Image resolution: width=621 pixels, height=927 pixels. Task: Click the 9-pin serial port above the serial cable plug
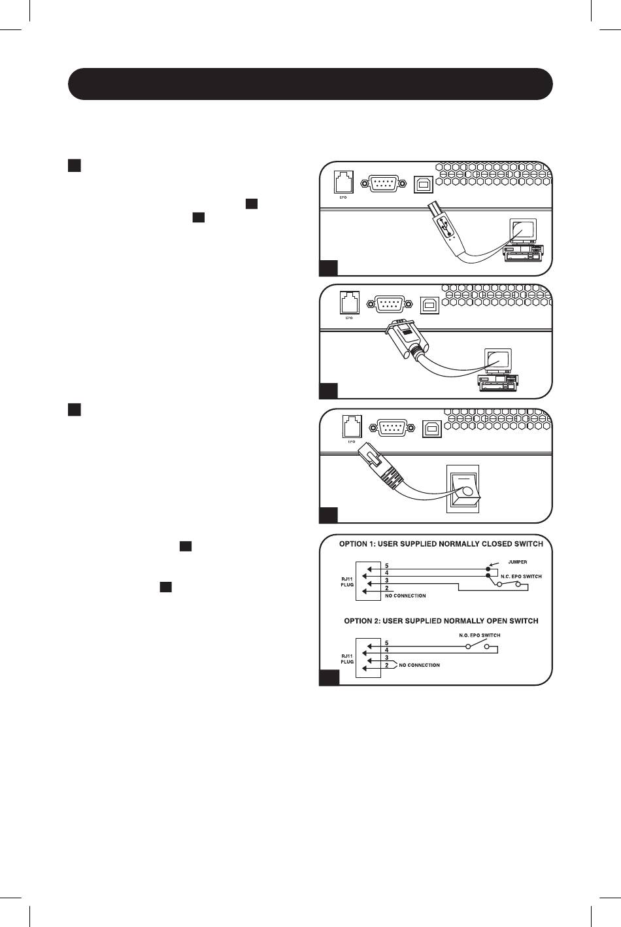[x=390, y=303]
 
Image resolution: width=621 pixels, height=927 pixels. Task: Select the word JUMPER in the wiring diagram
[x=517, y=562]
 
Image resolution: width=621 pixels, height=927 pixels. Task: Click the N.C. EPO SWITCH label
[x=521, y=576]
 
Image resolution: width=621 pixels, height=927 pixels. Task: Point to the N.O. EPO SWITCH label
[x=480, y=635]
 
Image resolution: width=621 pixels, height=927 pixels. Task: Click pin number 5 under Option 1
[x=386, y=565]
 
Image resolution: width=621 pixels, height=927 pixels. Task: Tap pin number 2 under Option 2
[x=386, y=665]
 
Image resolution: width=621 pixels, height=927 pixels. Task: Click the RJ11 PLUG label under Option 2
[x=347, y=658]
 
